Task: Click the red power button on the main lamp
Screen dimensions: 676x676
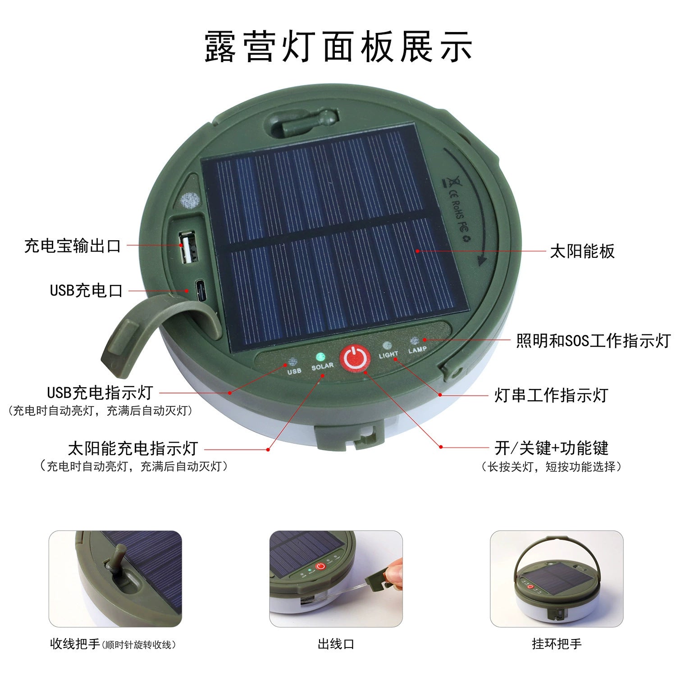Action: [x=355, y=359]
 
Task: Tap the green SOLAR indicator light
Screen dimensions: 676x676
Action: [x=320, y=356]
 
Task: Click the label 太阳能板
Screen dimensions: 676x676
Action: [x=582, y=251]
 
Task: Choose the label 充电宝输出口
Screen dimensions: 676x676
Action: [x=73, y=246]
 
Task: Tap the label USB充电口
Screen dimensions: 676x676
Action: [x=86, y=291]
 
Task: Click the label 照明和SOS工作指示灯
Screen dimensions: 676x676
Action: [x=593, y=341]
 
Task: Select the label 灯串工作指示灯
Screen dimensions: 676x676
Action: [x=551, y=395]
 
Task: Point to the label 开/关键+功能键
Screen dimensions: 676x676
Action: [x=551, y=448]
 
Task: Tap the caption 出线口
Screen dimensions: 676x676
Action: [x=336, y=644]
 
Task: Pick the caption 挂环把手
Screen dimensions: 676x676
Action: [x=557, y=644]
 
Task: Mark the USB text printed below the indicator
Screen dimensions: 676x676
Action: [x=294, y=371]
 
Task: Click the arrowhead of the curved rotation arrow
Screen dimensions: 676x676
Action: [x=481, y=260]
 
